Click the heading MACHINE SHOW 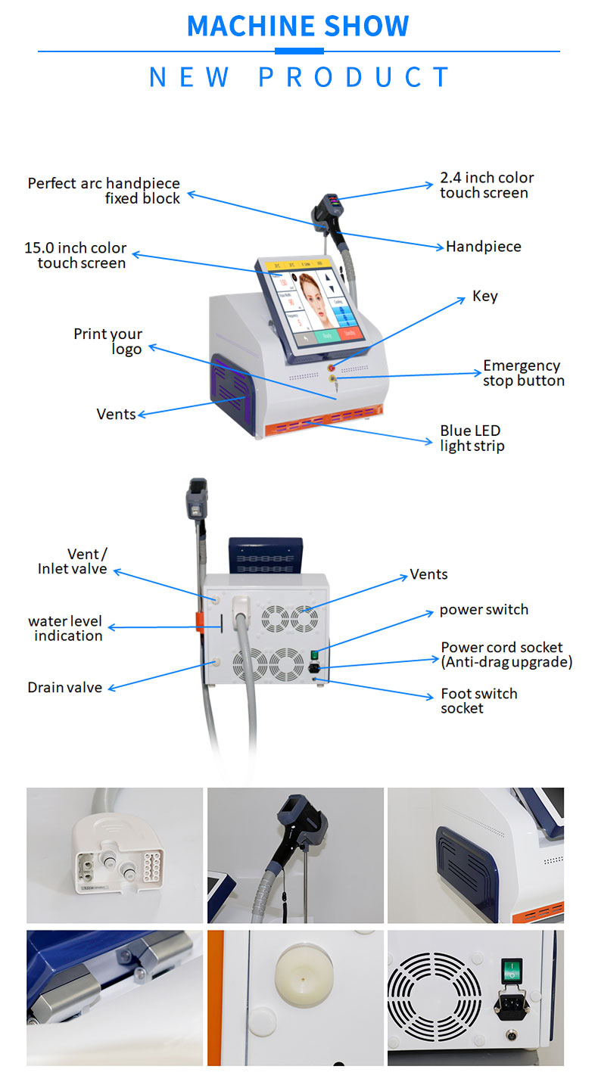[x=298, y=26]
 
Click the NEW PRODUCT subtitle [x=300, y=77]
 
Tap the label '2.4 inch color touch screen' [x=487, y=185]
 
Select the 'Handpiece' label [x=483, y=247]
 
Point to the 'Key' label [x=485, y=296]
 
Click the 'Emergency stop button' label [x=523, y=373]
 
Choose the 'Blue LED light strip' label [x=472, y=438]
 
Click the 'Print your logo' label [x=108, y=341]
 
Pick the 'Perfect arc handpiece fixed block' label [x=104, y=191]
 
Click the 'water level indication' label [x=65, y=629]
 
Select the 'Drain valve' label [x=64, y=688]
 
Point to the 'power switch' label [x=484, y=610]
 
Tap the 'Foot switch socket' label [x=478, y=701]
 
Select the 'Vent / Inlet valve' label [x=73, y=561]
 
